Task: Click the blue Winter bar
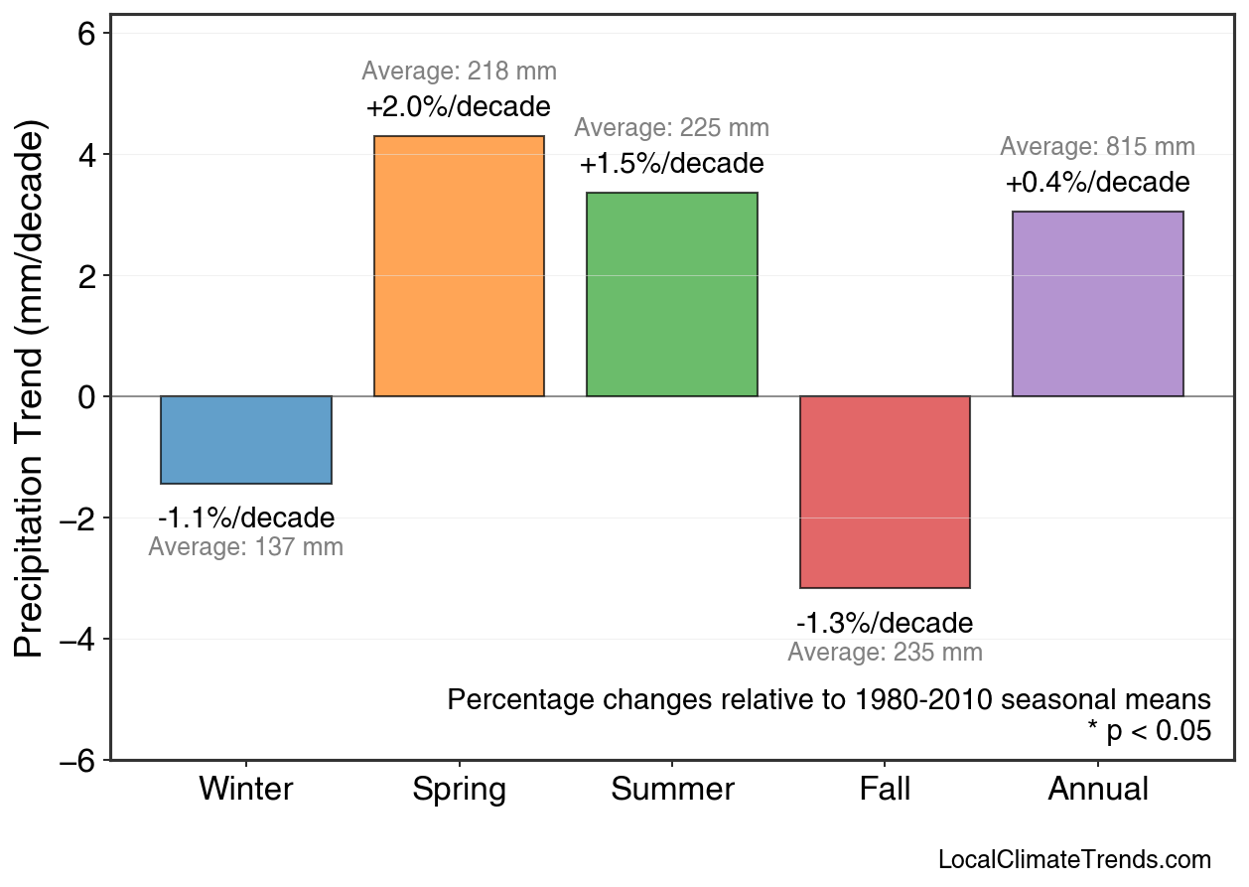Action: (x=246, y=440)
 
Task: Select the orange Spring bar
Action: (x=459, y=266)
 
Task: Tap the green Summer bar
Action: (x=672, y=295)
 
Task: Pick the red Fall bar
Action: (x=885, y=492)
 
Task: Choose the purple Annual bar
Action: (x=1097, y=304)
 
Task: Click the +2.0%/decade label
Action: (x=459, y=106)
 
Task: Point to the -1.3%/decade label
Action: (x=885, y=624)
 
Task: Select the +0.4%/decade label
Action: (x=1097, y=183)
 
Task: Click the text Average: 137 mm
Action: (x=245, y=547)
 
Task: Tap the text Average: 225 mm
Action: (x=671, y=128)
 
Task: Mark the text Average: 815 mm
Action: (x=1097, y=147)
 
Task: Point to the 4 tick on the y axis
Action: (x=86, y=155)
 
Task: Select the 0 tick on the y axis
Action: (x=86, y=397)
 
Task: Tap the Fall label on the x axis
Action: (x=885, y=790)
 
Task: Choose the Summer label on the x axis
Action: (x=672, y=790)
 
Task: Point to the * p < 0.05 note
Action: (x=1149, y=731)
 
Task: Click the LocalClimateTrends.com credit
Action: (x=1074, y=860)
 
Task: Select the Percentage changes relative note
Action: (x=829, y=699)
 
